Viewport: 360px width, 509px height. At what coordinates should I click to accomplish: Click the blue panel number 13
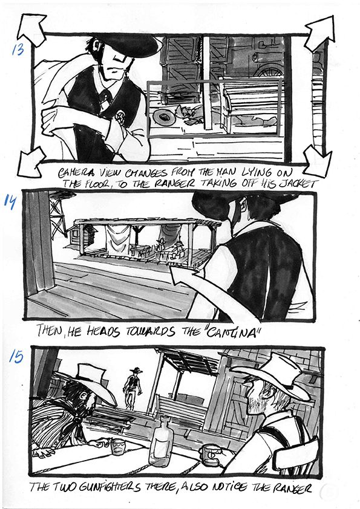18,50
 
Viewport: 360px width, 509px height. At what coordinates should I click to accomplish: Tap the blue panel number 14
10,201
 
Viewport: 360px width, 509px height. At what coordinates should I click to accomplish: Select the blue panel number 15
16,357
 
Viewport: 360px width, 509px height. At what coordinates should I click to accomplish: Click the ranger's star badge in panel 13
120,116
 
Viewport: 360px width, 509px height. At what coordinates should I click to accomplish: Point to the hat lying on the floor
164,117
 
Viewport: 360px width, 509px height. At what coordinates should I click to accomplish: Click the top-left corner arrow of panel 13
33,28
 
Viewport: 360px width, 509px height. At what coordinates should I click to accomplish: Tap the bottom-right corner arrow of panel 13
318,161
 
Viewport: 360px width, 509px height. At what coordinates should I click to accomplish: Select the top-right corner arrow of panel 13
319,33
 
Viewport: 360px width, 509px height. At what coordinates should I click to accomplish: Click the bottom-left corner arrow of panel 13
31,161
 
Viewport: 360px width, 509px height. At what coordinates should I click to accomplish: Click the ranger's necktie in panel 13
106,97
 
